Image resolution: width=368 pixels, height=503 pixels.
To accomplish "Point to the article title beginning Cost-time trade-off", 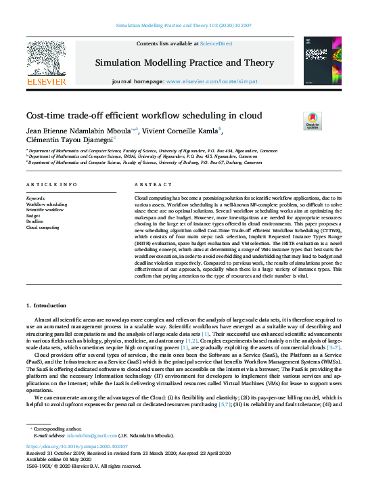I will (x=143, y=116).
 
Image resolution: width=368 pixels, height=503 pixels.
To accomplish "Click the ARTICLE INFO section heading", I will (x=51, y=185).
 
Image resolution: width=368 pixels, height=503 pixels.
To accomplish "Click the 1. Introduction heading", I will (x=47, y=306).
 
